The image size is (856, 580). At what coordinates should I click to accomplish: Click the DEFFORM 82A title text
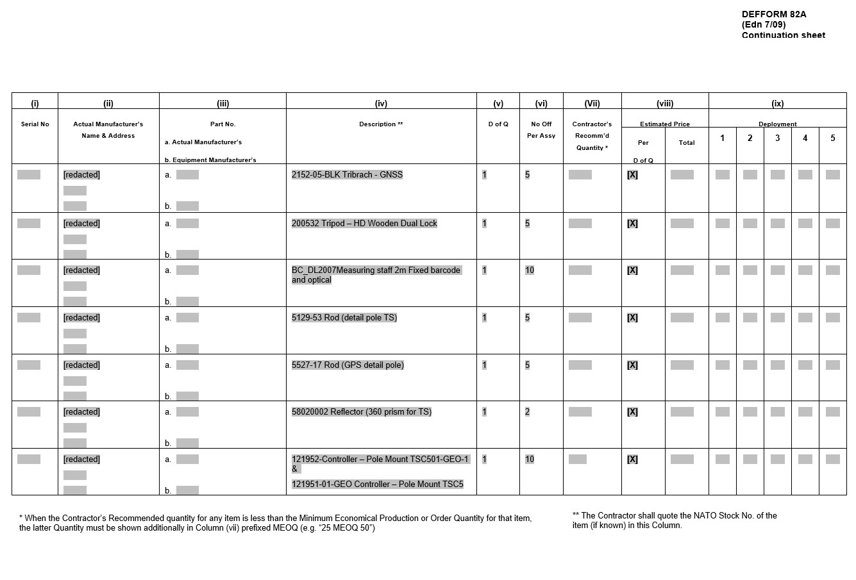pyautogui.click(x=773, y=14)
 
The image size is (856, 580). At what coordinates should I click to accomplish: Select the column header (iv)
pyautogui.click(x=381, y=103)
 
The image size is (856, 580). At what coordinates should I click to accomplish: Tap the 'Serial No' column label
pyautogui.click(x=35, y=124)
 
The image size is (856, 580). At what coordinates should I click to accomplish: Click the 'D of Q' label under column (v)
pyautogui.click(x=498, y=124)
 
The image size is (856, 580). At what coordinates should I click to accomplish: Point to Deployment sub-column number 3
pyautogui.click(x=777, y=138)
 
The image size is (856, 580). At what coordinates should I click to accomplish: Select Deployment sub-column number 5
pyautogui.click(x=832, y=138)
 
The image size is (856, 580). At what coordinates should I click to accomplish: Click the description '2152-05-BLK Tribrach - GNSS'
pyautogui.click(x=347, y=175)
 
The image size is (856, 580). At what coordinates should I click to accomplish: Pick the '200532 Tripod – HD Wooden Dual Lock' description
pyautogui.click(x=364, y=224)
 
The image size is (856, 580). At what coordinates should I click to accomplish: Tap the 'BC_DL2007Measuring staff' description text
pyautogui.click(x=376, y=270)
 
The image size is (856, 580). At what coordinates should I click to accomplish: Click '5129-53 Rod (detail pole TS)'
pyautogui.click(x=344, y=318)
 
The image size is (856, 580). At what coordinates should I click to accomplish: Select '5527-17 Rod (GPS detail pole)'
pyautogui.click(x=348, y=365)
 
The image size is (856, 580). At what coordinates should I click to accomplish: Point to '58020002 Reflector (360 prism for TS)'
pyautogui.click(x=361, y=412)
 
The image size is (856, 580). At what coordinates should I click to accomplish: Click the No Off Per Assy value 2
pyautogui.click(x=527, y=412)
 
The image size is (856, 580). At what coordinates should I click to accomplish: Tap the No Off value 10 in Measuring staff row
pyautogui.click(x=530, y=270)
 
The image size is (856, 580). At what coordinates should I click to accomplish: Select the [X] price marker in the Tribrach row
pyautogui.click(x=632, y=175)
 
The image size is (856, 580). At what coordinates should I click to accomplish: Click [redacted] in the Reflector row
pyautogui.click(x=81, y=412)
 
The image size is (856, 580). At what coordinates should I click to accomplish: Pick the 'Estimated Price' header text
pyautogui.click(x=664, y=124)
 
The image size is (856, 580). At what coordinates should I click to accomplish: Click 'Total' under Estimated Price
pyautogui.click(x=686, y=143)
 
